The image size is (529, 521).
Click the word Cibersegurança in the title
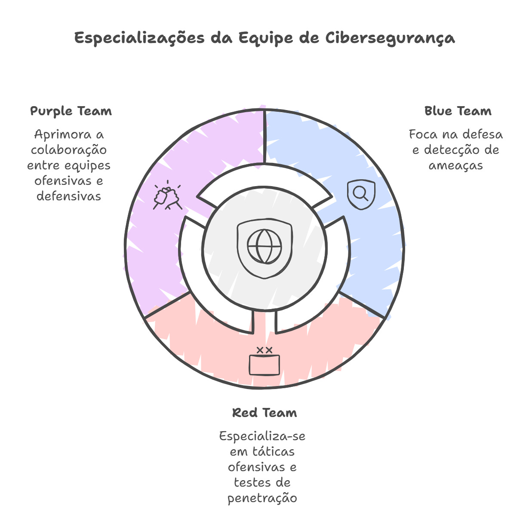click(390, 38)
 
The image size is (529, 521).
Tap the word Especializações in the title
click(140, 38)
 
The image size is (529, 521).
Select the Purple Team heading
click(71, 111)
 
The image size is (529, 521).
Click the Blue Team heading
click(458, 111)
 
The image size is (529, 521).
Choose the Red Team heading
click(264, 413)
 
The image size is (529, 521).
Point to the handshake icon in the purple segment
click(167, 196)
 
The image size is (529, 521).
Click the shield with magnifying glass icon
click(361, 194)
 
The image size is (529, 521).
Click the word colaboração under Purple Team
click(69, 150)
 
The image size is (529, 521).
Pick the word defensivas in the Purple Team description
click(69, 196)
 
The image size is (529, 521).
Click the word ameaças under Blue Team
click(456, 165)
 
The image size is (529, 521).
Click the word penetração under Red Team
click(262, 498)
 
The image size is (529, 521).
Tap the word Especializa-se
click(262, 436)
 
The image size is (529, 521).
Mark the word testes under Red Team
click(249, 483)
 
